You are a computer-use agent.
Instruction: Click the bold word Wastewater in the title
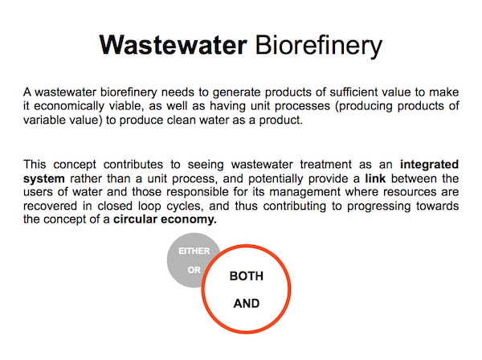pos(173,45)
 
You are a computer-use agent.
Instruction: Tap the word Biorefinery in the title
pos(319,46)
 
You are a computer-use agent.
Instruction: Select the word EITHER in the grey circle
pos(194,252)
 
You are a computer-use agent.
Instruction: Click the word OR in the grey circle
pos(194,270)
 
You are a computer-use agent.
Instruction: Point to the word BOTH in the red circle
pos(247,276)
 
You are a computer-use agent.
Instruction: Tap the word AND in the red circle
pos(247,304)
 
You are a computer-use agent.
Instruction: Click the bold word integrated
pos(429,165)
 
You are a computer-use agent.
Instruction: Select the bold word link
pos(375,178)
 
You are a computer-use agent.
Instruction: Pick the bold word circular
pos(135,219)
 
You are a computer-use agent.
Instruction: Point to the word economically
pos(69,106)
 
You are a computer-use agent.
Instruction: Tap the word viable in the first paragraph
pos(126,106)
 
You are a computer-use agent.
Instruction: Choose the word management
pos(304,192)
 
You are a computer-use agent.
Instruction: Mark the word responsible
pos(198,192)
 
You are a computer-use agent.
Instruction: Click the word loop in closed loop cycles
pos(149,207)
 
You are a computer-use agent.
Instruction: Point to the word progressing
pos(378,207)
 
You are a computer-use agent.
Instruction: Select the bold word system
pos(43,179)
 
